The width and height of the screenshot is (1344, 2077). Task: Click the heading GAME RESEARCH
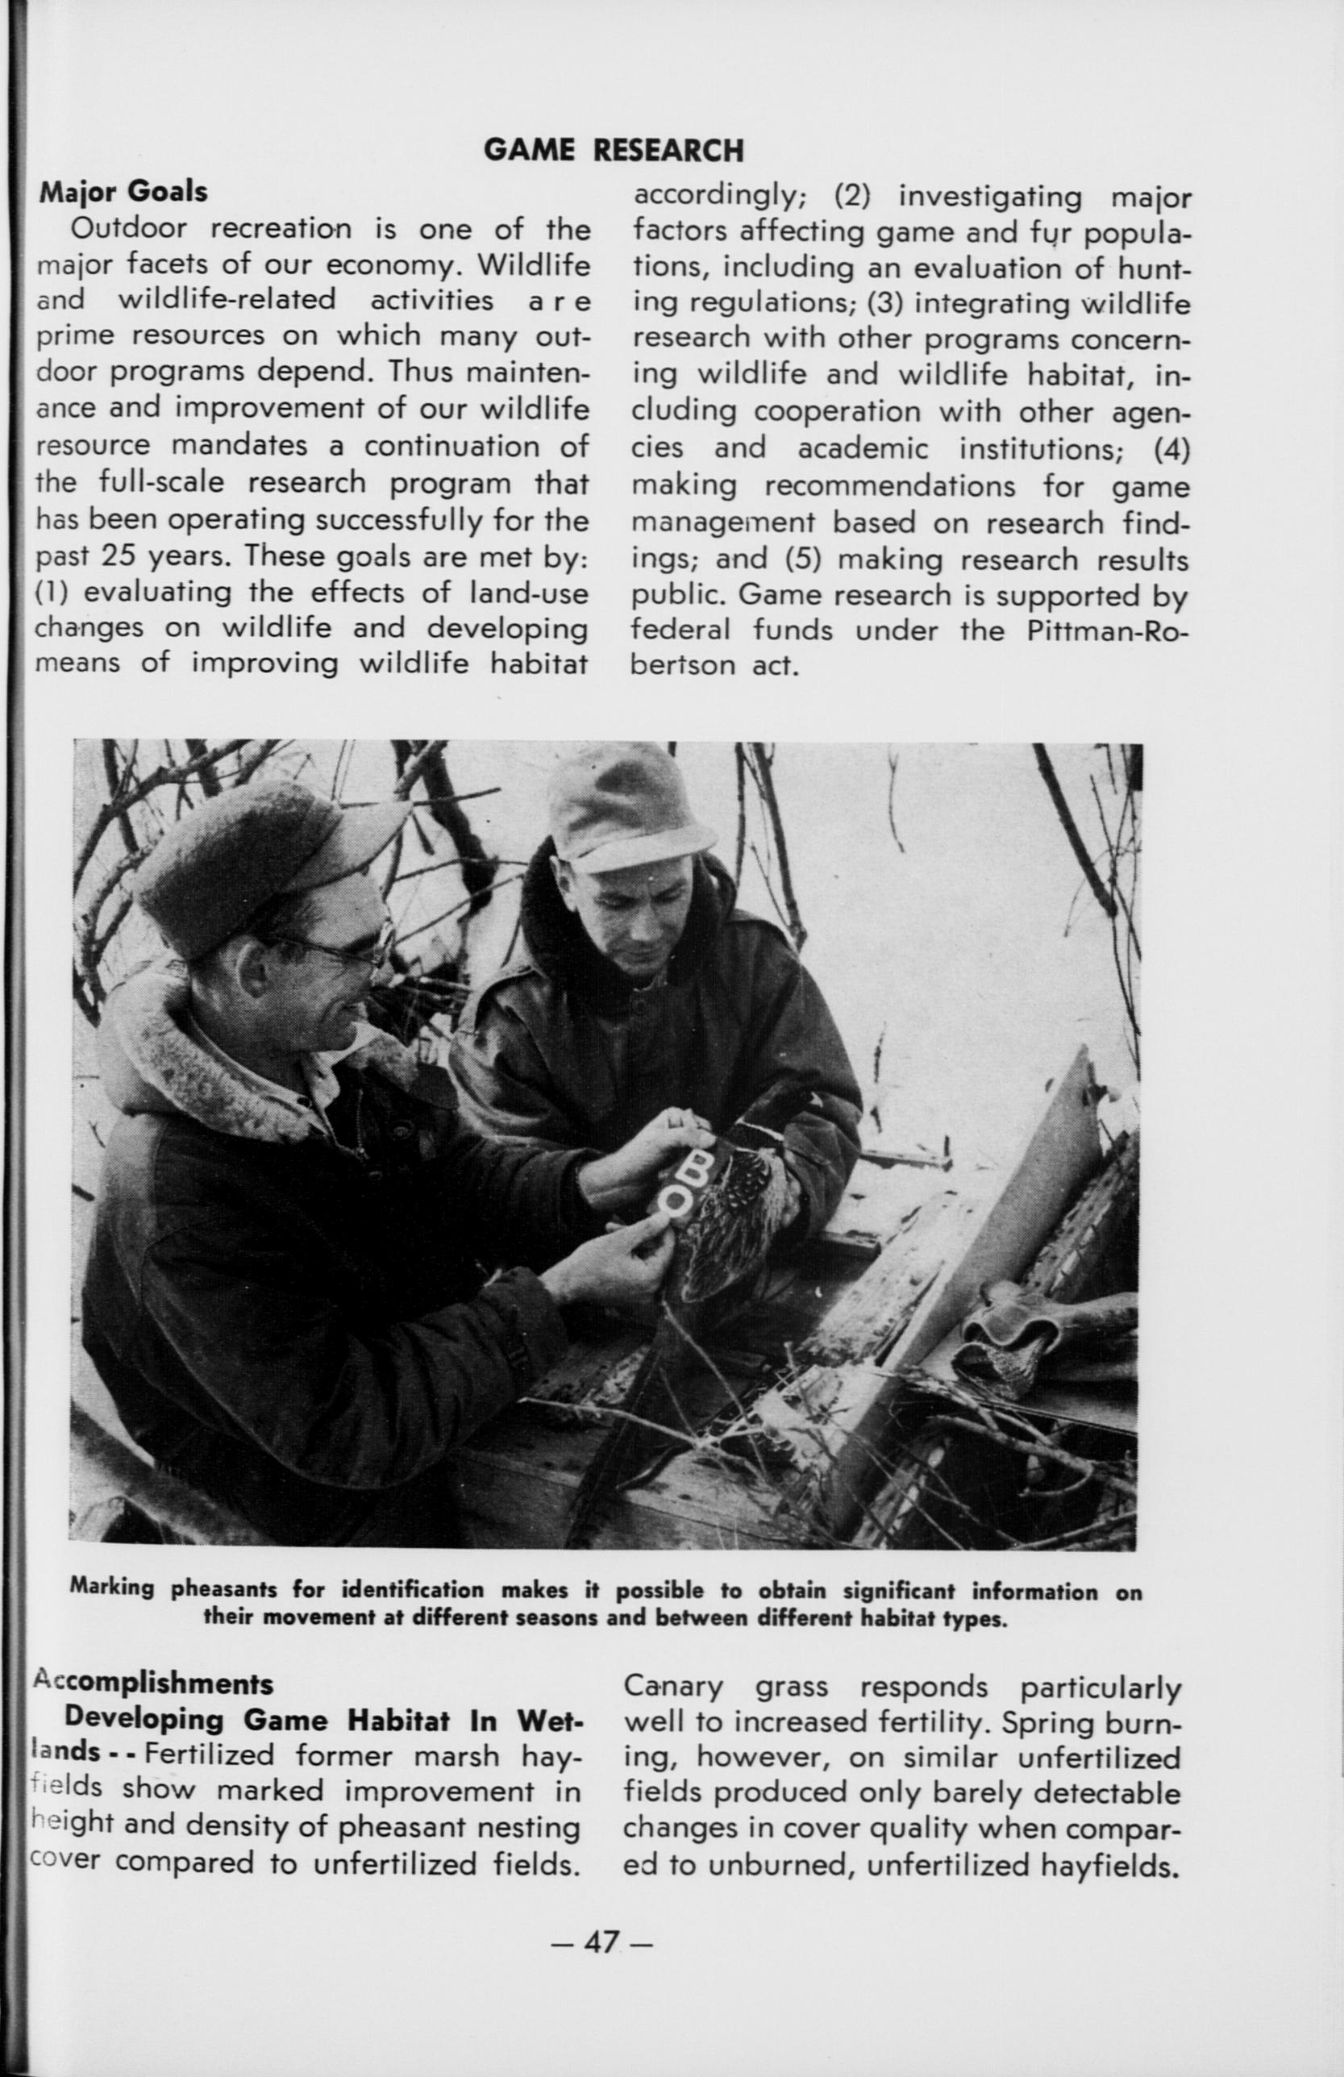click(x=614, y=151)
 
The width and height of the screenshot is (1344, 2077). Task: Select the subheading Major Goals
click(x=123, y=191)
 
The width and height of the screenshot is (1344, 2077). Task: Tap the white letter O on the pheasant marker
click(x=677, y=1201)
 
